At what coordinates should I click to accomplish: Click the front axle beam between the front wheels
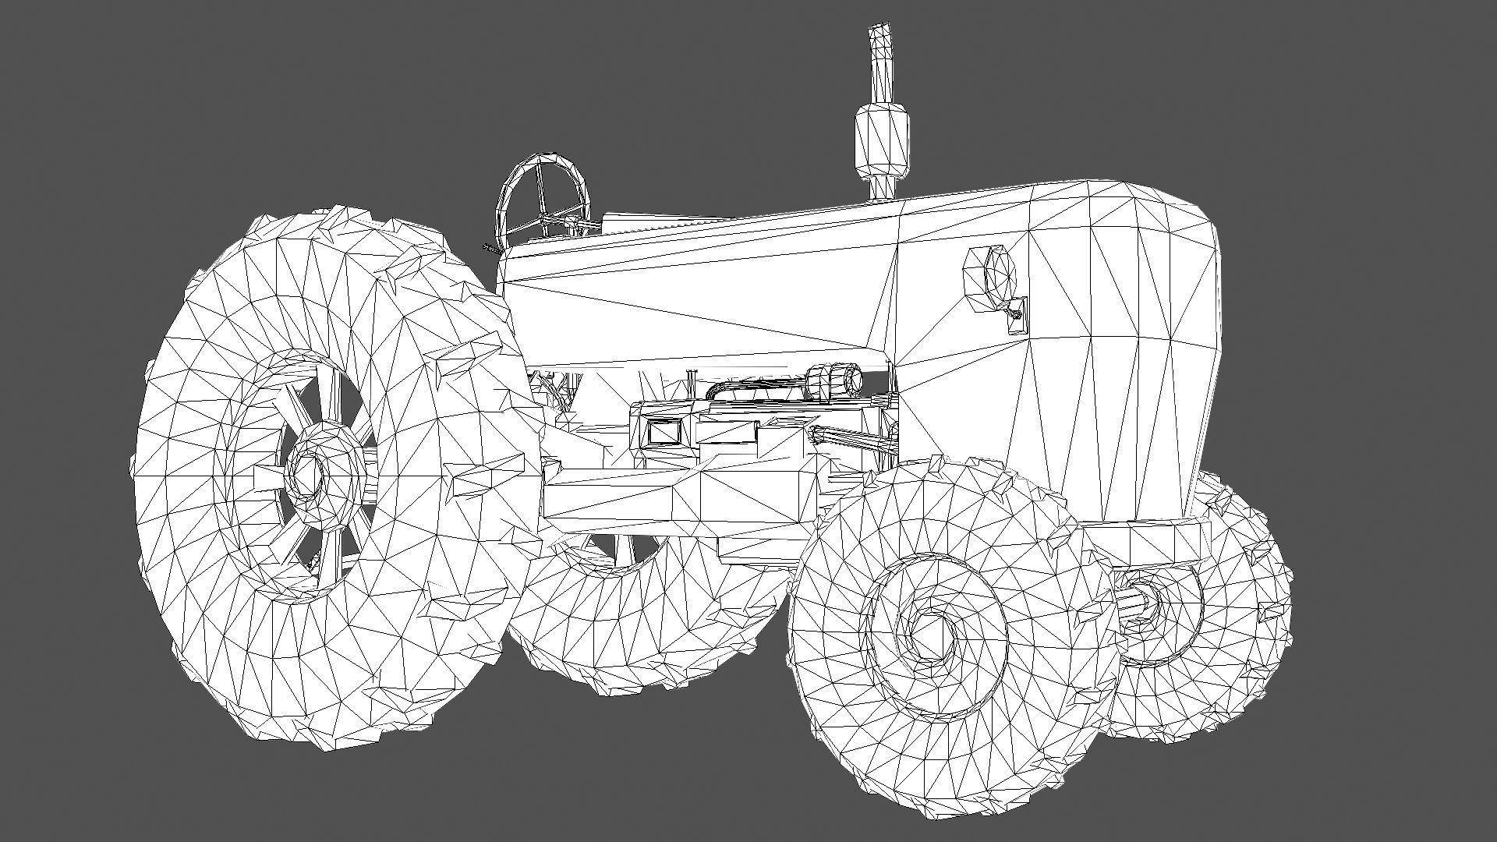click(x=1142, y=542)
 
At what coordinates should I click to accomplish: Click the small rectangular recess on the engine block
click(x=663, y=431)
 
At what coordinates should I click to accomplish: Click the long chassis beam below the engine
click(x=678, y=499)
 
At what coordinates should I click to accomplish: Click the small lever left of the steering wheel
click(x=490, y=249)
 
